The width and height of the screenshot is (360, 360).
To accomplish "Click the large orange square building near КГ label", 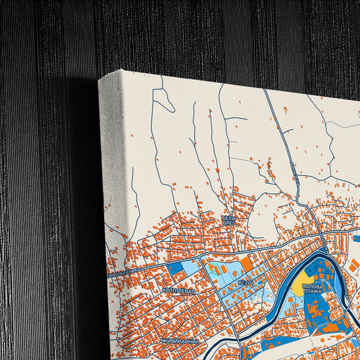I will pos(246,265).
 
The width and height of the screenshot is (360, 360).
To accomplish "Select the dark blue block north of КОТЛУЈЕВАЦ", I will pos(174,268).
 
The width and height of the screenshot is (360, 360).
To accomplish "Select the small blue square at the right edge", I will pos(355,238).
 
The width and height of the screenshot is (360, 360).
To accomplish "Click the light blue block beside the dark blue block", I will pos(191,268).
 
